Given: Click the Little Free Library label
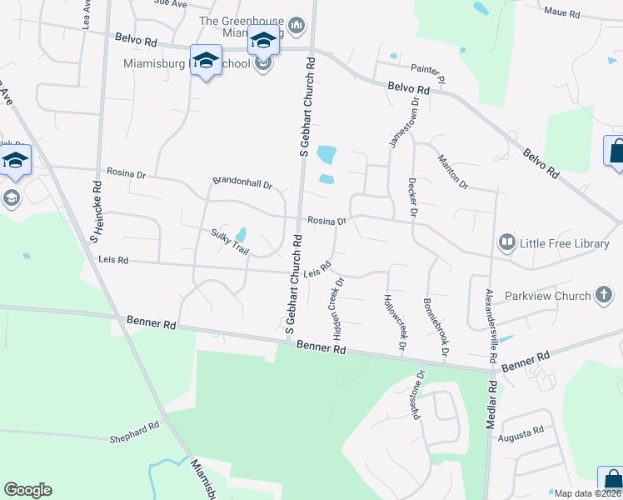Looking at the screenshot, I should [x=565, y=243].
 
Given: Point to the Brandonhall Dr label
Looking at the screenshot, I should [x=242, y=181].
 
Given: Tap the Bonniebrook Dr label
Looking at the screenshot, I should [x=436, y=327].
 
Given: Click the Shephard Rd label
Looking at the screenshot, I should [x=135, y=432].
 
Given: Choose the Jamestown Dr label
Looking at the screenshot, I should [x=404, y=122].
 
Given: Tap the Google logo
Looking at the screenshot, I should [x=27, y=490].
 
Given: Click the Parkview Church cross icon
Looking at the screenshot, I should [x=604, y=295].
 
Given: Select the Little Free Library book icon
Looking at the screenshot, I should [x=506, y=242].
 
